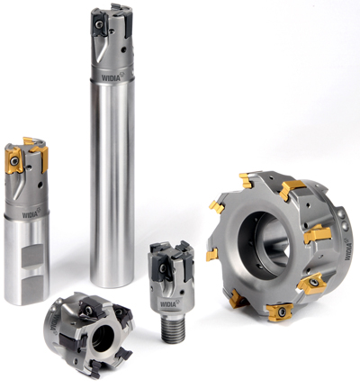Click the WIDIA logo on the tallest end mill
click(x=112, y=77)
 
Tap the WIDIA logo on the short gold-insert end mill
click(x=31, y=213)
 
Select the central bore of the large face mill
click(x=264, y=241)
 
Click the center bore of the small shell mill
click(x=101, y=339)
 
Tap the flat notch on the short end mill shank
click(x=32, y=256)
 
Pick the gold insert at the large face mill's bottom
click(x=279, y=312)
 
